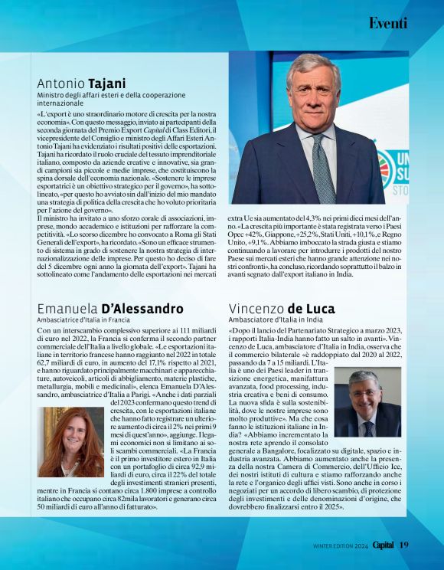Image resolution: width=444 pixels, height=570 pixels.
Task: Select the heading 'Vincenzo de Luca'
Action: coord(282,309)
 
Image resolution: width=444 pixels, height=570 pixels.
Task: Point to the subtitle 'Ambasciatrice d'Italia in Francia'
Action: coord(84,319)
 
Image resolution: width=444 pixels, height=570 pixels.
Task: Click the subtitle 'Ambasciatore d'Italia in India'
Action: coord(274,319)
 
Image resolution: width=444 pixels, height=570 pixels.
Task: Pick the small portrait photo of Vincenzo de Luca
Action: coord(367,402)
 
